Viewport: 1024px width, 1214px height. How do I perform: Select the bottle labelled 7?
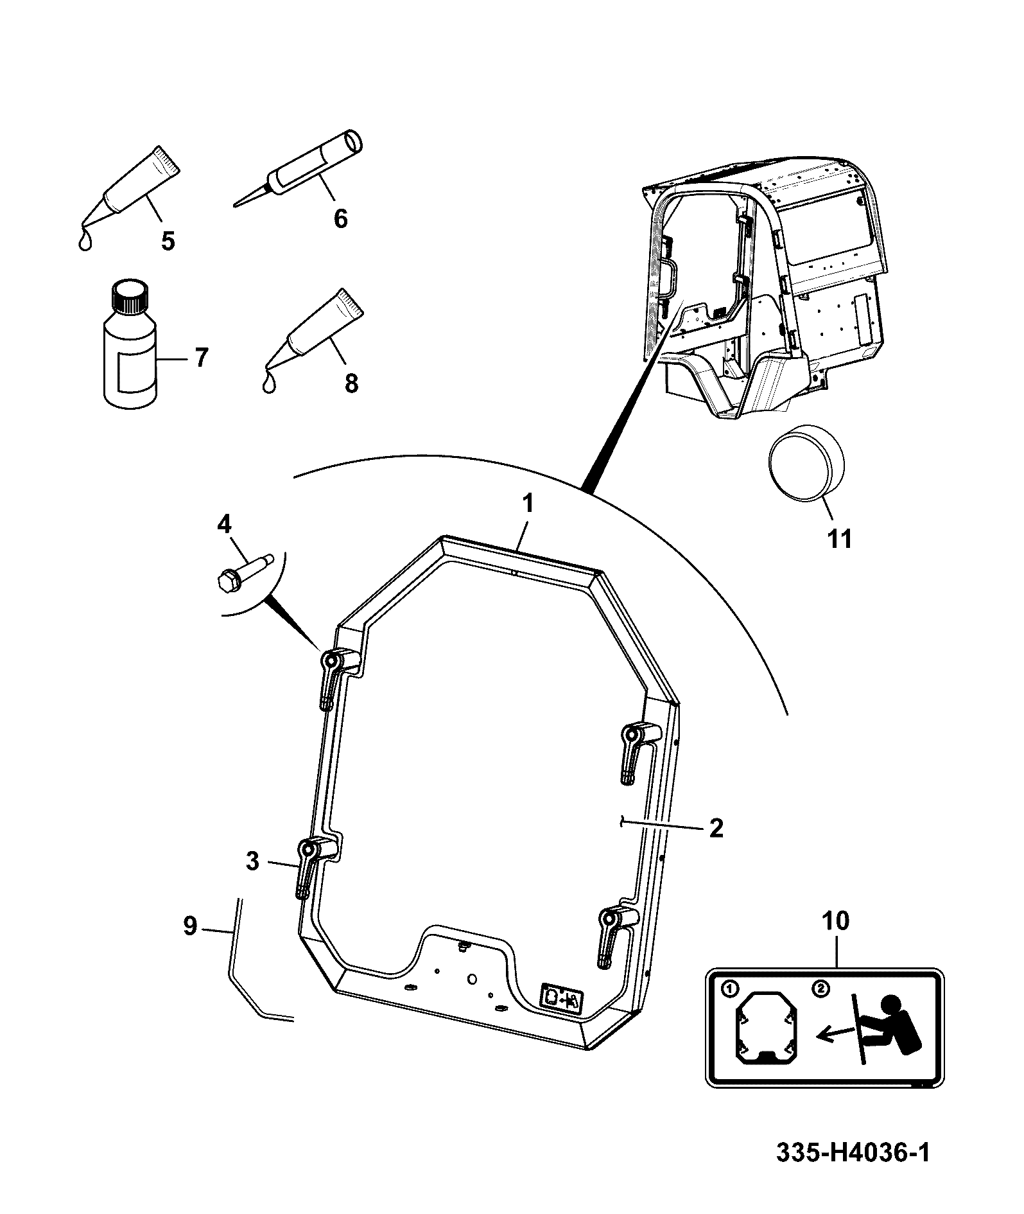coord(129,346)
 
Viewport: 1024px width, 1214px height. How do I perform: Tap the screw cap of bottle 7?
coord(129,295)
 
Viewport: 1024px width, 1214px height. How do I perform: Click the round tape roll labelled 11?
coord(808,462)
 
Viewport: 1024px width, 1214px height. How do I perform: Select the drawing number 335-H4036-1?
coord(853,1153)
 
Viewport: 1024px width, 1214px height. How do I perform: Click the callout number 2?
coord(716,827)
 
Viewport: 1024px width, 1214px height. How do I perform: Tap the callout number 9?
coord(190,927)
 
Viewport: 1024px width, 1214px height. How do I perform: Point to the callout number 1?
coord(528,503)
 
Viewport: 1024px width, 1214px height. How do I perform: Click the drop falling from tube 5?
coord(85,241)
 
